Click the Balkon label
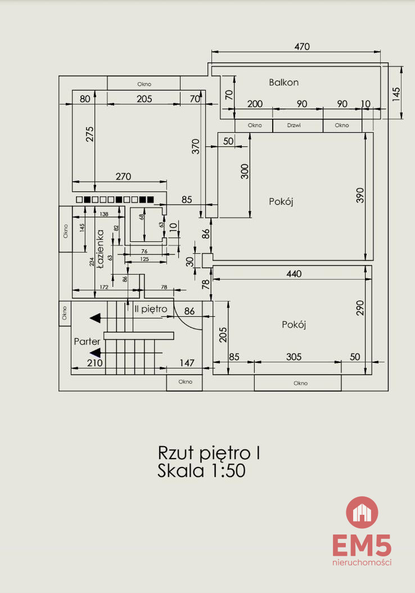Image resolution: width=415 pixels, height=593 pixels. click(283, 82)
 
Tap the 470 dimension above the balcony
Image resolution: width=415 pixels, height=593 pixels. click(302, 47)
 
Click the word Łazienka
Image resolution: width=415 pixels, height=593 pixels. click(101, 249)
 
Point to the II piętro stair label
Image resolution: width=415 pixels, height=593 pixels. click(151, 309)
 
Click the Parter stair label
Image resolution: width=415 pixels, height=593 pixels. click(87, 342)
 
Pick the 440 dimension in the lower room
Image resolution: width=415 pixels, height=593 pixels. click(294, 274)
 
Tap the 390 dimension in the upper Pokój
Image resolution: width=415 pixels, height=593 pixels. click(360, 195)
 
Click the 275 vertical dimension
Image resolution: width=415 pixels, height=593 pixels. click(90, 136)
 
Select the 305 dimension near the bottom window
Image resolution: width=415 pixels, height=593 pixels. click(294, 357)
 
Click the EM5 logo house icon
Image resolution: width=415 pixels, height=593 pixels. click(362, 512)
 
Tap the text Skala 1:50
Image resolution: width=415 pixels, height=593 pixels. click(201, 470)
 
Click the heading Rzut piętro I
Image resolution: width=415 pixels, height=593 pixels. click(208, 452)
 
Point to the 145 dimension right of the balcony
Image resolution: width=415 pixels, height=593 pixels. click(396, 93)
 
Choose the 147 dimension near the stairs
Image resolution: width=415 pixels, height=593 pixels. click(186, 363)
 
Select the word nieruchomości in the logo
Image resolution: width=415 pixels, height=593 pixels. click(362, 562)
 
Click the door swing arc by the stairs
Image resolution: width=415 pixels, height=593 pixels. click(189, 320)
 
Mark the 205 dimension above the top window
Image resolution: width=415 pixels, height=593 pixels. click(144, 98)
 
